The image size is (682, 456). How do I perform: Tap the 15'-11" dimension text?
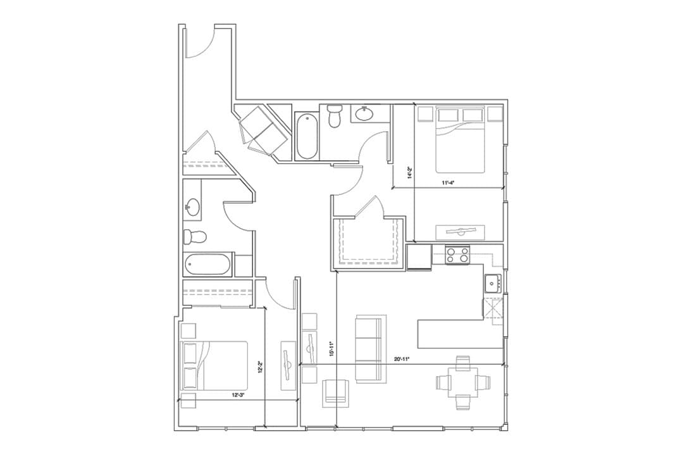pyautogui.click(x=332, y=349)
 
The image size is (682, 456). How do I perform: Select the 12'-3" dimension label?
pyautogui.click(x=239, y=395)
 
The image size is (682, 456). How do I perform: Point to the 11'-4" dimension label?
pyautogui.click(x=449, y=183)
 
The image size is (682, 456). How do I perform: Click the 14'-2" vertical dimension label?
pyautogui.click(x=410, y=172)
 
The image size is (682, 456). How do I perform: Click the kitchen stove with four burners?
pyautogui.click(x=458, y=255)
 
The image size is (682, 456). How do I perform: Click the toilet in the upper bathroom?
pyautogui.click(x=335, y=117)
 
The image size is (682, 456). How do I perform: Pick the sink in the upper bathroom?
pyautogui.click(x=364, y=114)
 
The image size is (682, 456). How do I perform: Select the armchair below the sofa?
pyautogui.click(x=335, y=393)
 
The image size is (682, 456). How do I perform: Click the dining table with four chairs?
pyautogui.click(x=463, y=383)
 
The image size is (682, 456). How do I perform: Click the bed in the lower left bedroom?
pyautogui.click(x=214, y=365)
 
